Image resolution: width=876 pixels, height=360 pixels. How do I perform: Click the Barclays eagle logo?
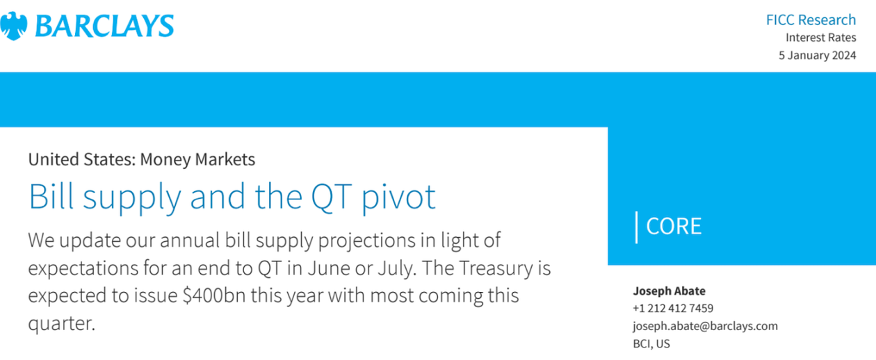coord(14,26)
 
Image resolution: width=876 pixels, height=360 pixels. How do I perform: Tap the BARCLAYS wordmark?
coord(104,26)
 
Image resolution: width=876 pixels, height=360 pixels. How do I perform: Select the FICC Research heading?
coord(811,19)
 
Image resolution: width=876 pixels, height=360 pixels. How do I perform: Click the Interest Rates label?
coord(821,38)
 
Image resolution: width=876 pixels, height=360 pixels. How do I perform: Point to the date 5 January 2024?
coord(818,55)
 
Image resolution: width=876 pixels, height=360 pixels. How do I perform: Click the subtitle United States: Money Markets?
coord(142,159)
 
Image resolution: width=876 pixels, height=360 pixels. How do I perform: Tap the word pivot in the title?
coord(398,198)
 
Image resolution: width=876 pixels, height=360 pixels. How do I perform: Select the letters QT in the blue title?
coord(331,197)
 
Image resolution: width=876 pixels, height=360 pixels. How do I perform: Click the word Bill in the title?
coord(51,196)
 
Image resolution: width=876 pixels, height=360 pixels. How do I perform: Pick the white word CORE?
coord(674,227)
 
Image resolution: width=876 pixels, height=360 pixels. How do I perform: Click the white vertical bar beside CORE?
coord(637,227)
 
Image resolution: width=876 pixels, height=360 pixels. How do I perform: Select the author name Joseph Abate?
coord(669,291)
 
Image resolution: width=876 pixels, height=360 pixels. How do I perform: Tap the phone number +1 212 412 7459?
coord(673,309)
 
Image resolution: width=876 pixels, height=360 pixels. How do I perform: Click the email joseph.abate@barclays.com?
coord(706,326)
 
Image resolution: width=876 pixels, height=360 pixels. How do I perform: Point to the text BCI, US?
coord(651,343)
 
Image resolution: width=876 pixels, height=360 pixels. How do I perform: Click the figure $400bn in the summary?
coord(214,295)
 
